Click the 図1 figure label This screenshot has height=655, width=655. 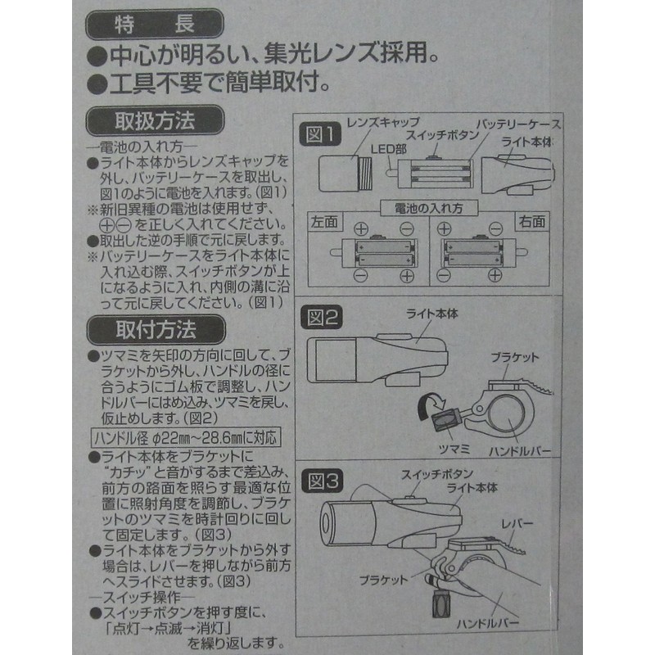tap(320, 132)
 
